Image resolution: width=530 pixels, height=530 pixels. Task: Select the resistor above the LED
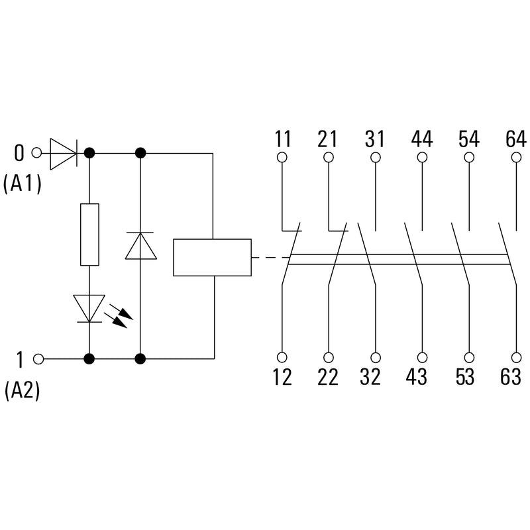tap(89, 235)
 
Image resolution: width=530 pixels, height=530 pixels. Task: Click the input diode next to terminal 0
tap(64, 154)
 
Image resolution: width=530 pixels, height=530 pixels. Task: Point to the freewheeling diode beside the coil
tap(140, 246)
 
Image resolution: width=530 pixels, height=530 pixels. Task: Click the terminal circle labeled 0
tap(36, 153)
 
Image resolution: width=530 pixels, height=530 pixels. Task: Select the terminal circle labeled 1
tap(39, 358)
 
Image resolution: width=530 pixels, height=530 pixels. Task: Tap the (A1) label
tap(23, 184)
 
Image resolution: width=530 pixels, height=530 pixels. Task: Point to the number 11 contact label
tap(283, 138)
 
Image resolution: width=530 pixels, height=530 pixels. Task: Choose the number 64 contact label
tap(516, 138)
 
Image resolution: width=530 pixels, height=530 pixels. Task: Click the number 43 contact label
tap(417, 376)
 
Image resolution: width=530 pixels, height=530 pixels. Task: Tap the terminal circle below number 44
tap(422, 157)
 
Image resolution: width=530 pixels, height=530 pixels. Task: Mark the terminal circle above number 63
tap(516, 357)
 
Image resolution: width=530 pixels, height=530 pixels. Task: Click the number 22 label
tap(327, 376)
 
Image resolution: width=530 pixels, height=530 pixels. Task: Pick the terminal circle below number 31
tap(376, 157)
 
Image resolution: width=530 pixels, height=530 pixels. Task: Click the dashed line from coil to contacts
tap(271, 258)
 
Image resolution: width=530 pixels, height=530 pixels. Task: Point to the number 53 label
tap(465, 376)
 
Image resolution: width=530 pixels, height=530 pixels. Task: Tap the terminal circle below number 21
tap(329, 157)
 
